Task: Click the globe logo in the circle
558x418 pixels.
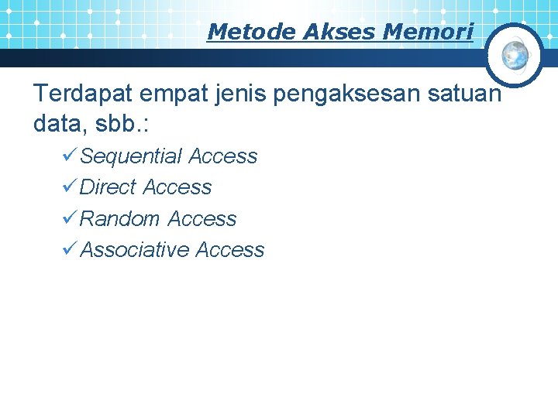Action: click(514, 54)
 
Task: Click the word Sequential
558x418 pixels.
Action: click(131, 157)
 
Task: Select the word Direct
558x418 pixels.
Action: click(108, 187)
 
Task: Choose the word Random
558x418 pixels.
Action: click(120, 219)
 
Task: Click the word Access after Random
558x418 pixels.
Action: click(202, 219)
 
